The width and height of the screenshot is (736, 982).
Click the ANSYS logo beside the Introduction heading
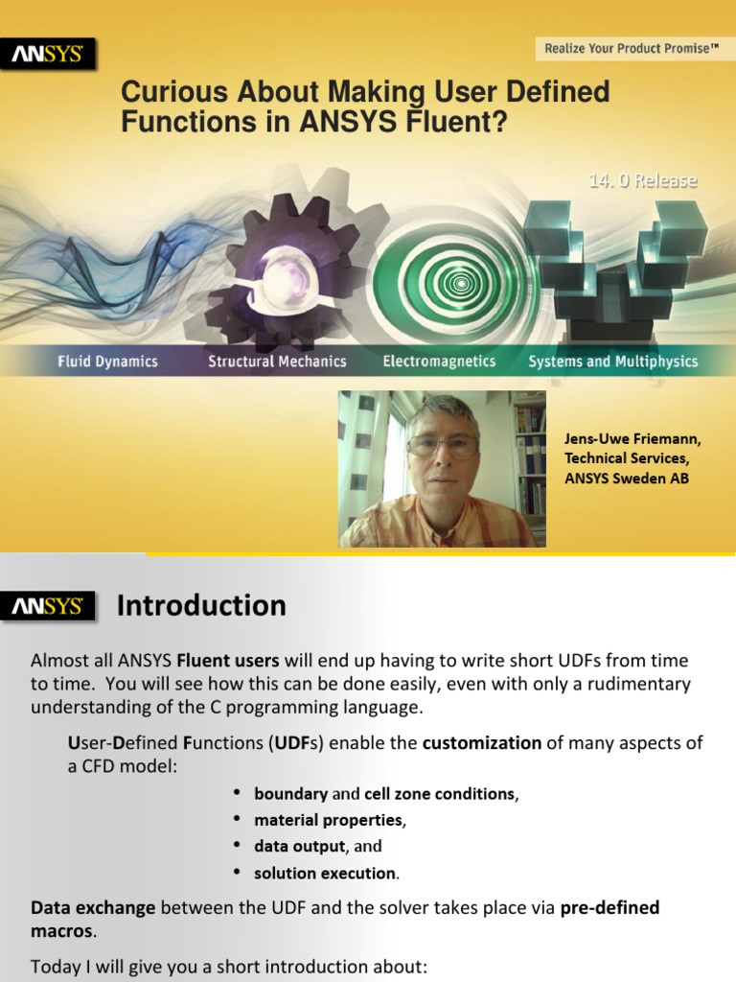(x=48, y=606)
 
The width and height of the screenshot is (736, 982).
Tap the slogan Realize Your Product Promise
(x=632, y=47)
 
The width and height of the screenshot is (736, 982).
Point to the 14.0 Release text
(x=642, y=180)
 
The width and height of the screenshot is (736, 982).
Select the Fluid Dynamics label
(x=107, y=362)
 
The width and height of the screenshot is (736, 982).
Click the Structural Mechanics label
(x=278, y=362)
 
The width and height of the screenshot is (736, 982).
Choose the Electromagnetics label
(x=439, y=362)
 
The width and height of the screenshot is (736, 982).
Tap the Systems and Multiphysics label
(x=613, y=362)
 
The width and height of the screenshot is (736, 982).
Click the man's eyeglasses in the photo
(x=442, y=445)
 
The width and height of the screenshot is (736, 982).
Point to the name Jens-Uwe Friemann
(x=632, y=440)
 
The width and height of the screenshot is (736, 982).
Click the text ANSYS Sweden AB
(x=627, y=479)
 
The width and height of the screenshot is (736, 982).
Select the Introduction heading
(x=201, y=606)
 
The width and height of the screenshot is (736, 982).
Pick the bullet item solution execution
(x=325, y=874)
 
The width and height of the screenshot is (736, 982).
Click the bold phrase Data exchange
(x=93, y=907)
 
